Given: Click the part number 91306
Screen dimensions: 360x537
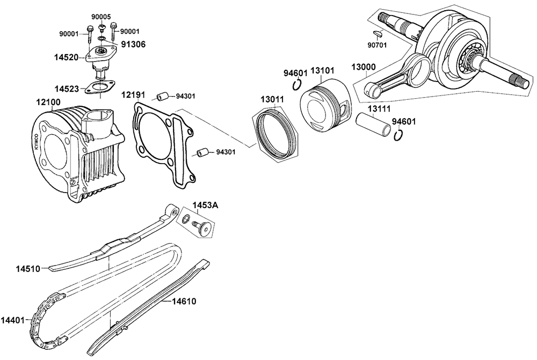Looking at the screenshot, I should click(133, 45).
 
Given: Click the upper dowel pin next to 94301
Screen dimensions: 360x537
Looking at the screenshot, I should click(161, 97).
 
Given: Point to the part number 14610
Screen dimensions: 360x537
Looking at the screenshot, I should click(184, 302).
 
